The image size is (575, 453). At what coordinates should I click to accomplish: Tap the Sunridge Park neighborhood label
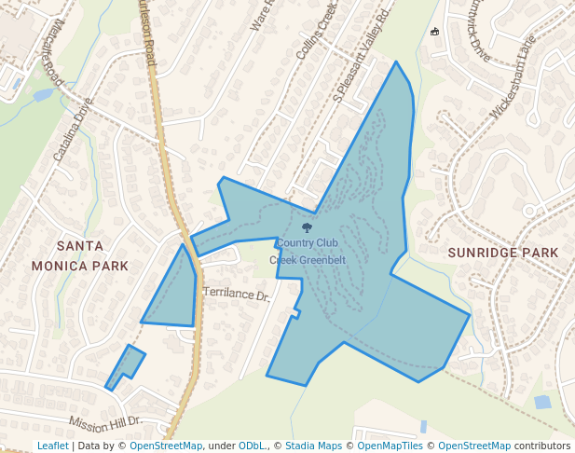coord(503,253)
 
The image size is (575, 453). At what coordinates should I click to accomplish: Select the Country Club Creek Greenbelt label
coord(307,252)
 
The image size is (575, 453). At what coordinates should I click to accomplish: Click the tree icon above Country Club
coord(307,227)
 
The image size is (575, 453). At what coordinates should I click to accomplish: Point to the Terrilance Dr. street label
coord(236,295)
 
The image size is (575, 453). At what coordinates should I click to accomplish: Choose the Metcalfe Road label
coord(45,54)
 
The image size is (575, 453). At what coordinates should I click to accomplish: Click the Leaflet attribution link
coord(52,446)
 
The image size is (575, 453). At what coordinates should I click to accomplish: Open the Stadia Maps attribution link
coord(313,446)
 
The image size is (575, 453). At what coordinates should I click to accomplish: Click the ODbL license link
coord(253,446)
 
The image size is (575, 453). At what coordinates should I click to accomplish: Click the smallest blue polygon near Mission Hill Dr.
coord(125,366)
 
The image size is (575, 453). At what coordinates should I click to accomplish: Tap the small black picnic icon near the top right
coord(434,32)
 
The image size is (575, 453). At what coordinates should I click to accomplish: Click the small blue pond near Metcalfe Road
coord(42,94)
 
